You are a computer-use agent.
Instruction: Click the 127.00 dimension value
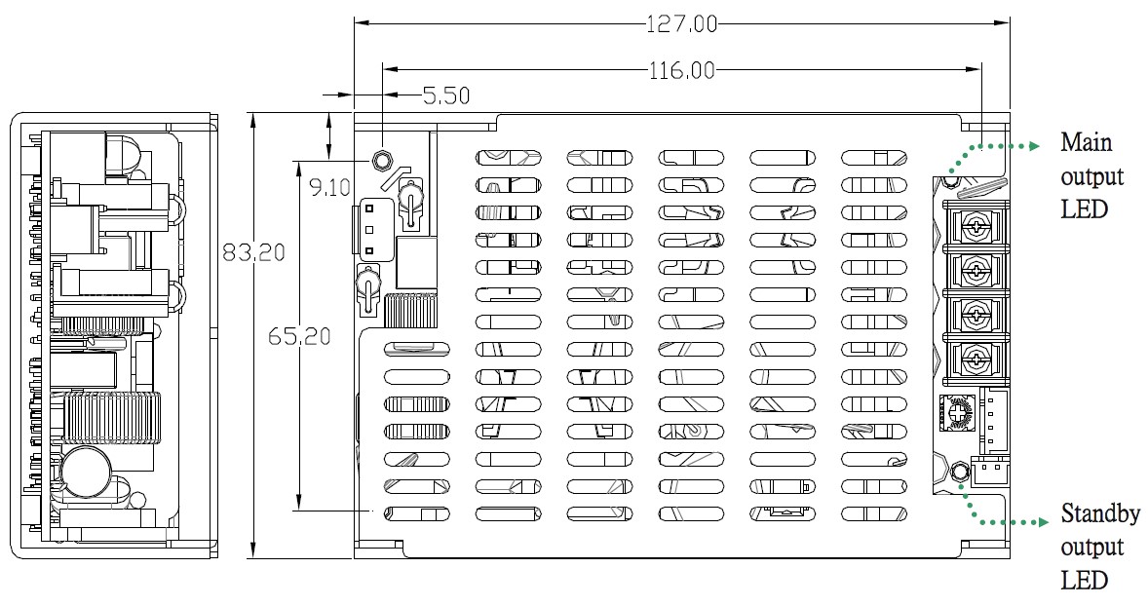681,23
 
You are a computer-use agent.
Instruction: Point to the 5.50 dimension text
446,95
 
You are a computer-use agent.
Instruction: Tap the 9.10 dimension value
329,186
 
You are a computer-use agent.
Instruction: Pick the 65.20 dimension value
300,337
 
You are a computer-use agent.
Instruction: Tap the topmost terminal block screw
974,225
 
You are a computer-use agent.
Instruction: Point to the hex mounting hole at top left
383,160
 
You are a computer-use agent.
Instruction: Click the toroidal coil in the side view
110,417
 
